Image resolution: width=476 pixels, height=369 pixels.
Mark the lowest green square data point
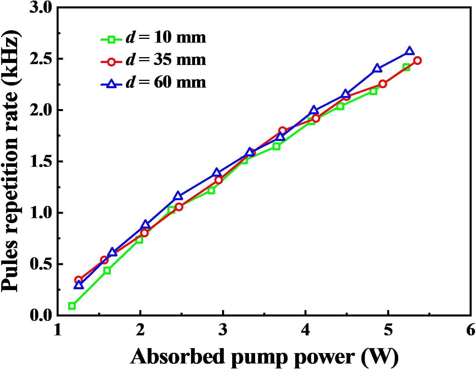[x=72, y=306]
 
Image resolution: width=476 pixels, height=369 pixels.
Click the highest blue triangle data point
[x=409, y=51]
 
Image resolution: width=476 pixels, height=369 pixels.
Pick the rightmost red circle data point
[x=417, y=60]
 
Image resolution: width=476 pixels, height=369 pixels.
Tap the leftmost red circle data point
[x=78, y=280]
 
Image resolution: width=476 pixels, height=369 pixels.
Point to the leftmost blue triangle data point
[x=79, y=285]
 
